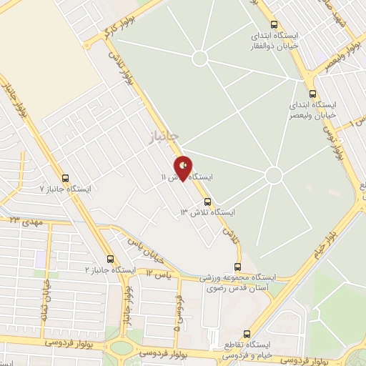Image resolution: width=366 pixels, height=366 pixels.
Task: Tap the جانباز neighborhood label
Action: [x=162, y=135]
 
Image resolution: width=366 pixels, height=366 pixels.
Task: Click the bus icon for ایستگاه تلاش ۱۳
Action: [x=208, y=202]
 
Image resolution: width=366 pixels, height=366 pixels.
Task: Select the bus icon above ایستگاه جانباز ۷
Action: [x=66, y=179]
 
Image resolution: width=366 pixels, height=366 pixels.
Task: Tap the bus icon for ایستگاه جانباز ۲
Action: [x=109, y=259]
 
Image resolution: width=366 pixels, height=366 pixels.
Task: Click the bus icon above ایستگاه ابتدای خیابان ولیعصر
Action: [x=312, y=94]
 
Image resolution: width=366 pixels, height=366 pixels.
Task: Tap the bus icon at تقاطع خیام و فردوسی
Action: [x=247, y=334]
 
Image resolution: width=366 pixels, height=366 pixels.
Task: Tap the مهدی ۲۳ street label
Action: [x=25, y=222]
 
